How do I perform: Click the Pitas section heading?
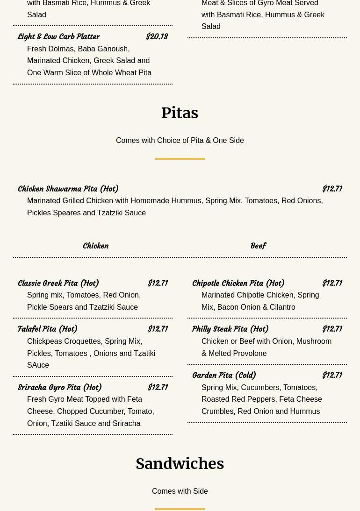180,113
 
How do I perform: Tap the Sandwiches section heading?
180,464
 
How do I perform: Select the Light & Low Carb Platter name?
59,37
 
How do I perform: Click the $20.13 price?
157,37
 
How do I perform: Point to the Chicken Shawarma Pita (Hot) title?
68,189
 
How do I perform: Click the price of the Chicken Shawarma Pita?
332,189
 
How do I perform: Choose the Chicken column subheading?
95,246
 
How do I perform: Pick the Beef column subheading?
258,246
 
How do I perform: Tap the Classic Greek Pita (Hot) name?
58,284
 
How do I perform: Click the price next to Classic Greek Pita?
158,284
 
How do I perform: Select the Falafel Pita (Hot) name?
48,329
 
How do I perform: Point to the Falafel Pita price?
158,329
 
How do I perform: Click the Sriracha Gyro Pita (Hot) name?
60,388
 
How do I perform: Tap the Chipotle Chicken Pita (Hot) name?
238,284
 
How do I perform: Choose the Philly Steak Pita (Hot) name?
230,329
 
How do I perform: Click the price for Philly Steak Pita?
332,329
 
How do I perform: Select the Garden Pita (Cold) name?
224,376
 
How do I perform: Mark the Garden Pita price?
332,376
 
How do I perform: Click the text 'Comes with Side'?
180,491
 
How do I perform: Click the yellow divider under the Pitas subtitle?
180,159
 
